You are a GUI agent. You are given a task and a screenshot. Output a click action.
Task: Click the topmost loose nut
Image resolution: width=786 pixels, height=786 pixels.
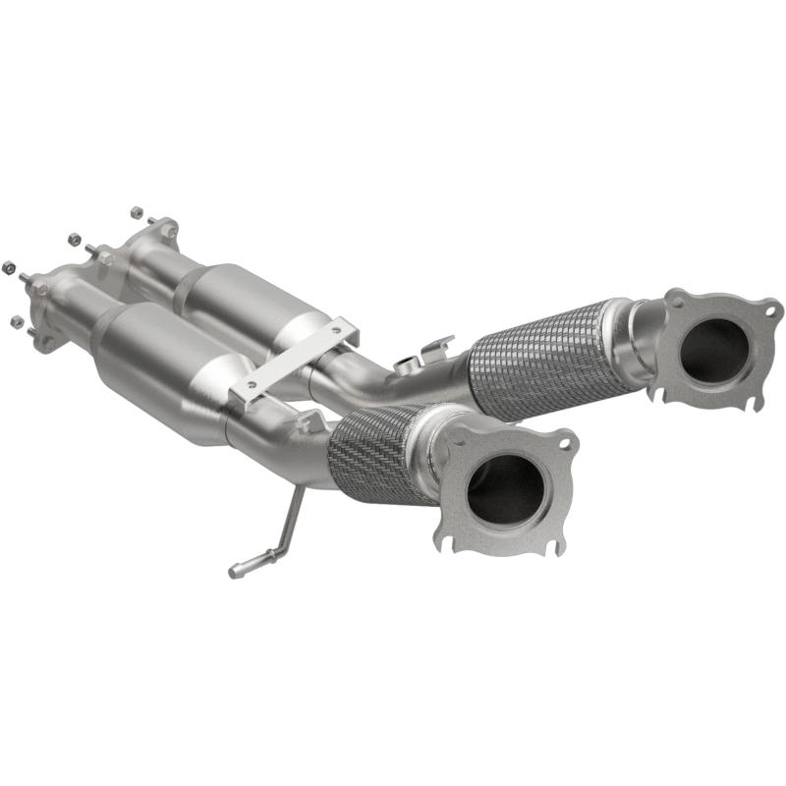pyautogui.click(x=136, y=211)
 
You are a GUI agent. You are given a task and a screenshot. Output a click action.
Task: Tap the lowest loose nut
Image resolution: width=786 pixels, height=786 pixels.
pyautogui.click(x=15, y=321)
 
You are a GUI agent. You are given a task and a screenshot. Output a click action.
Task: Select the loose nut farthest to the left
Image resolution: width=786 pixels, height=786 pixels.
pyautogui.click(x=9, y=265)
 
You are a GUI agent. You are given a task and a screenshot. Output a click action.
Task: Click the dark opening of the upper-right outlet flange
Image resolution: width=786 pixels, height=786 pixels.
pyautogui.click(x=713, y=350)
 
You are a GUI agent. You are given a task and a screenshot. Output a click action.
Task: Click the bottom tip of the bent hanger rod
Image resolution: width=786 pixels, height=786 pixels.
pyautogui.click(x=234, y=571)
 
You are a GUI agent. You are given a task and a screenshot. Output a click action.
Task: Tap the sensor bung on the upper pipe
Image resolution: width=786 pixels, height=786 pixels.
pyautogui.click(x=404, y=365)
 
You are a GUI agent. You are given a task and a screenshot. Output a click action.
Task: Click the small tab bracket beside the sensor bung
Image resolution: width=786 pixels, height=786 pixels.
pyautogui.click(x=436, y=347)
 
